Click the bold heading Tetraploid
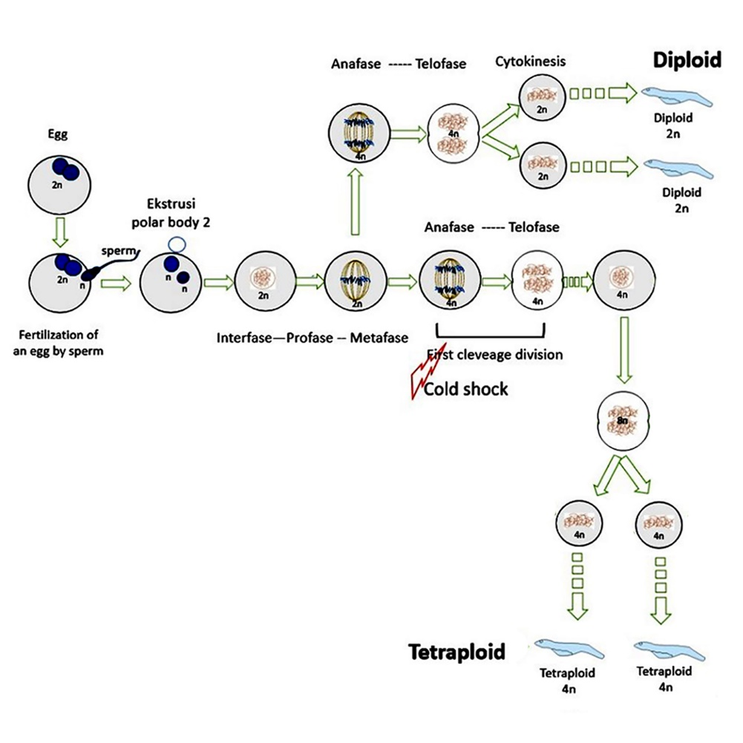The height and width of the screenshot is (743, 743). pyautogui.click(x=456, y=652)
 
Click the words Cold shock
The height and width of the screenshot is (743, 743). pyautogui.click(x=465, y=389)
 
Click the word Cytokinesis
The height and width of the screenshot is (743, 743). pyautogui.click(x=531, y=61)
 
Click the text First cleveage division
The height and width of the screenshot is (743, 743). pyautogui.click(x=494, y=354)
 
